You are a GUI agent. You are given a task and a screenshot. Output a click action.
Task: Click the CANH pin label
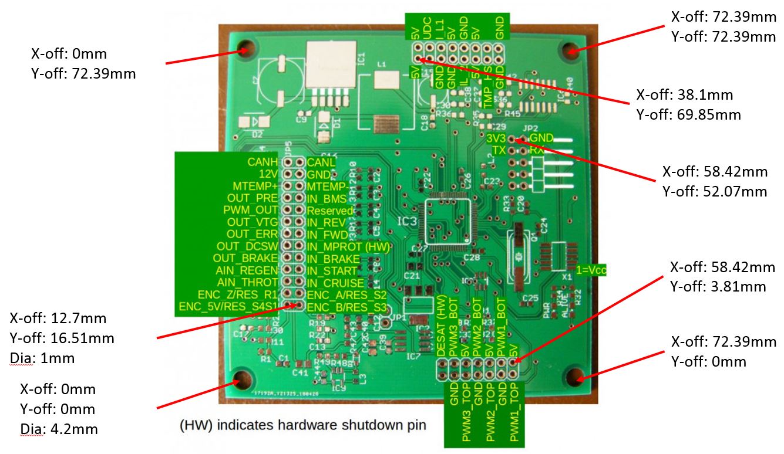click(262, 161)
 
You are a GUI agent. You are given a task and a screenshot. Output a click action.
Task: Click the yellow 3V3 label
click(496, 138)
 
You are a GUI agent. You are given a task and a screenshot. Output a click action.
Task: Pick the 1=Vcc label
click(590, 270)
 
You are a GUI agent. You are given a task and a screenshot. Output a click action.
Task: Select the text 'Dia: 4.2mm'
click(59, 429)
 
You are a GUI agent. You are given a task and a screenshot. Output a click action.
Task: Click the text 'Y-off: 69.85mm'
click(688, 114)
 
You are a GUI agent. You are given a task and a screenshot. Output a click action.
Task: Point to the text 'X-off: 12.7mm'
click(58, 319)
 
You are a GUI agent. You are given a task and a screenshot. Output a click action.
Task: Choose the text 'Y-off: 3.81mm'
click(718, 286)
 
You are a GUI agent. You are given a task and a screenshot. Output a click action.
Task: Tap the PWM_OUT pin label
click(250, 210)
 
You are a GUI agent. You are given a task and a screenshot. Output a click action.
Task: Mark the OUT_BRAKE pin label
click(245, 258)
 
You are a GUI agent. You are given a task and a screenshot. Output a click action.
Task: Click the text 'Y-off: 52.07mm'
click(715, 191)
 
